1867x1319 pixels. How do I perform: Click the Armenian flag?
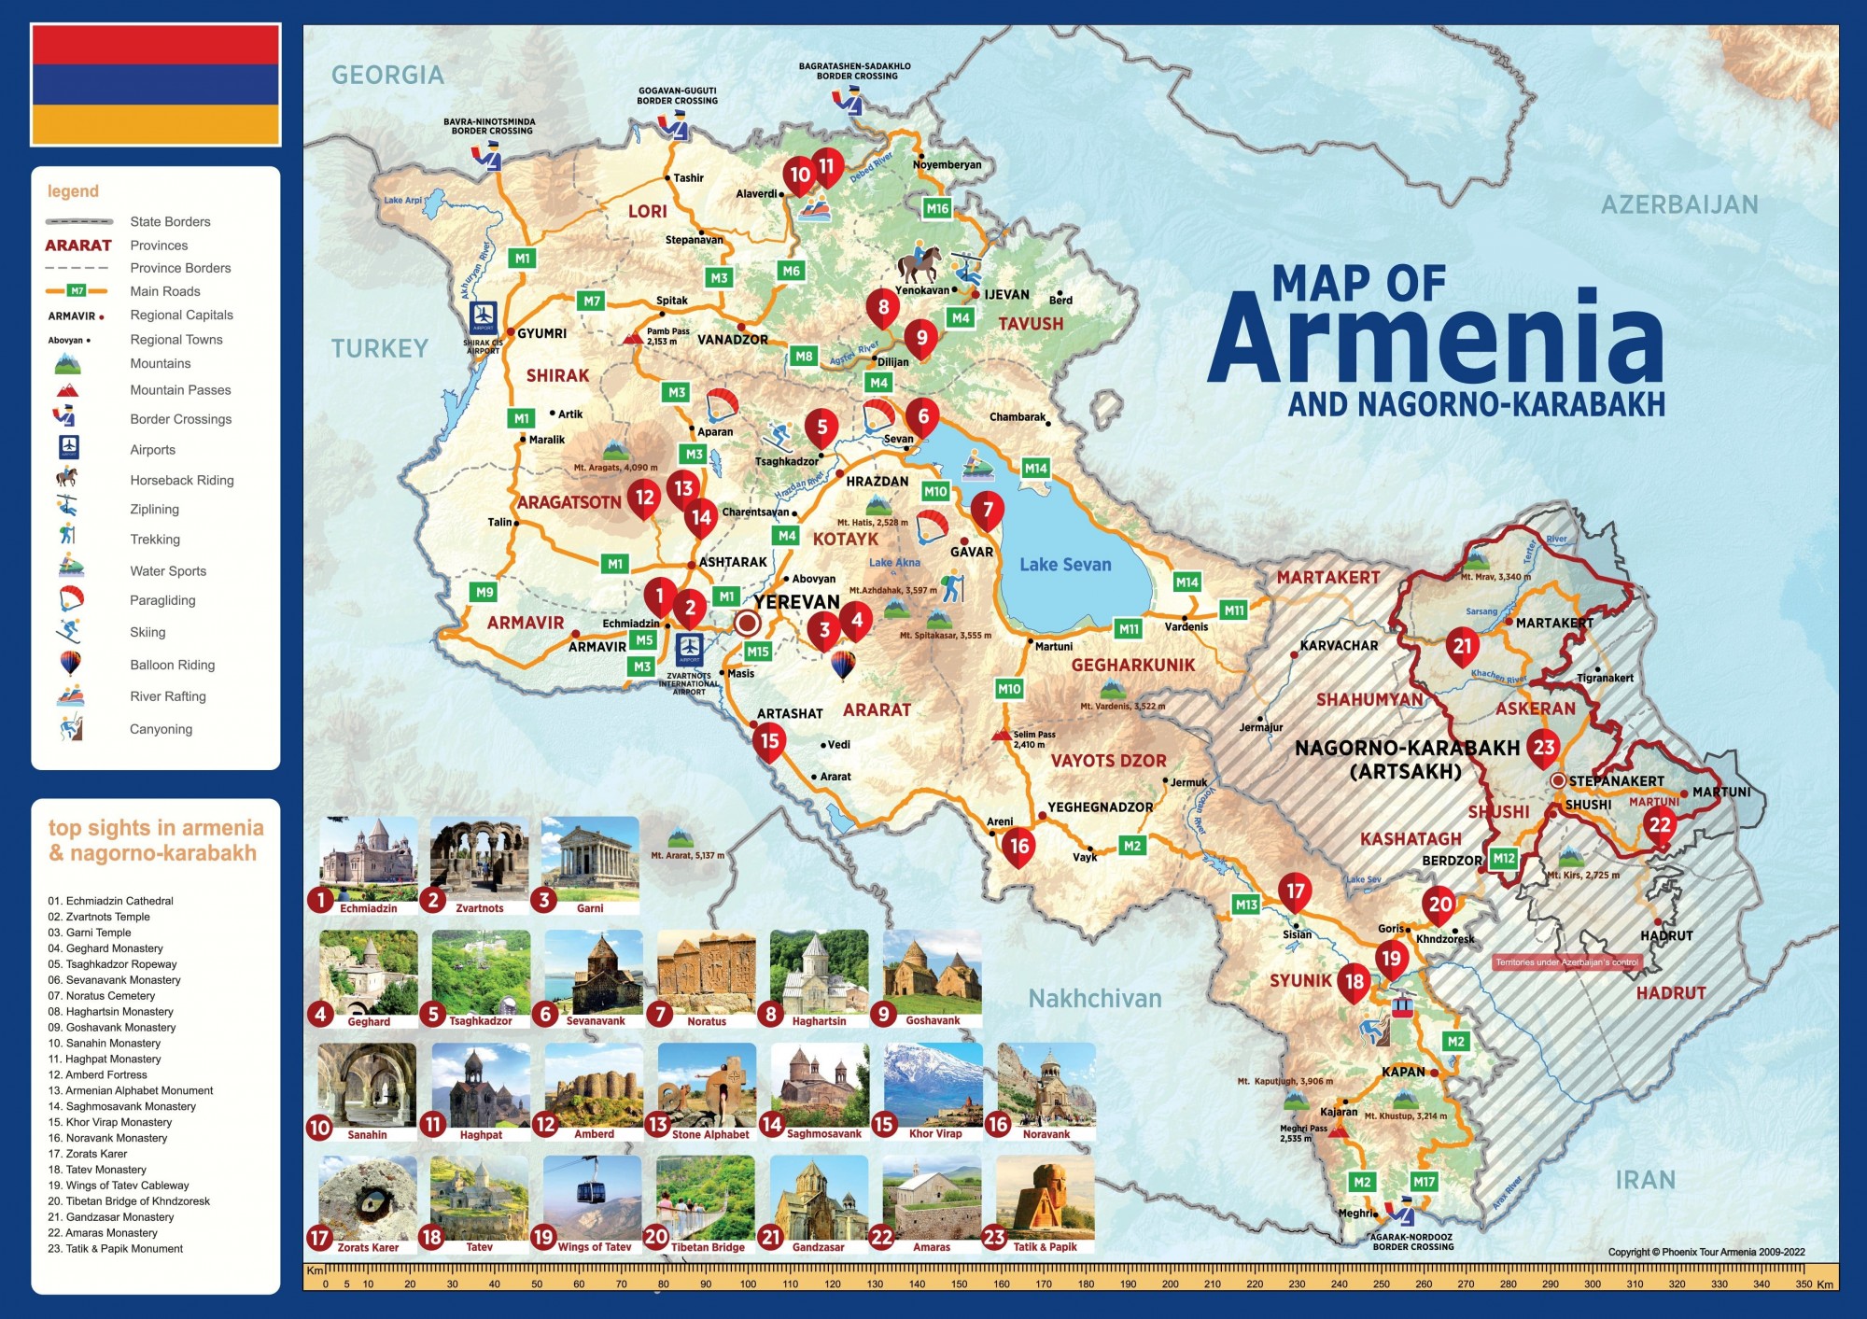click(x=156, y=85)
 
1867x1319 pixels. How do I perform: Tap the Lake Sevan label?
click(x=1065, y=565)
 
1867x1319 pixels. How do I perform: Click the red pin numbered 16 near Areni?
click(x=1018, y=847)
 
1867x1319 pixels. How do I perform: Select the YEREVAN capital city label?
click(x=797, y=602)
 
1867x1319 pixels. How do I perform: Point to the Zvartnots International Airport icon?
click(x=690, y=647)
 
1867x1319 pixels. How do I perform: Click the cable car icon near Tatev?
click(x=1401, y=1007)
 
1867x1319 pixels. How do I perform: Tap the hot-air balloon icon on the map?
click(x=843, y=666)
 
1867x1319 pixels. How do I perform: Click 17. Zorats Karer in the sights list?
click(x=88, y=1154)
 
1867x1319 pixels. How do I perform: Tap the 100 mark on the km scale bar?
click(x=748, y=1284)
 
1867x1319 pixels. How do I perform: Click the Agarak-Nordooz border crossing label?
click(x=1412, y=1242)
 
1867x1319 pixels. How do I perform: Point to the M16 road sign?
click(x=937, y=209)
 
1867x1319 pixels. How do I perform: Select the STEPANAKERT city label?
click(x=1616, y=780)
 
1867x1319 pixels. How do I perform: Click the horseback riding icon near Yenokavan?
click(x=919, y=263)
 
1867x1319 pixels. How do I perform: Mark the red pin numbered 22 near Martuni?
click(x=1660, y=825)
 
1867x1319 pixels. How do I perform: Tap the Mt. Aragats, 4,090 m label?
click(x=615, y=468)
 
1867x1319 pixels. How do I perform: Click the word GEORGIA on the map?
click(x=387, y=75)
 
